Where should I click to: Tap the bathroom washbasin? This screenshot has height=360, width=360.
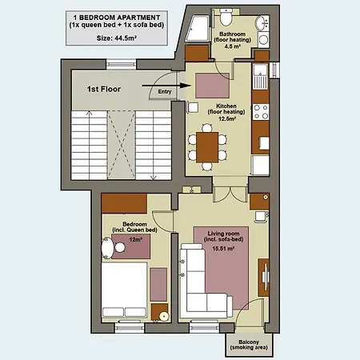pyautogui.click(x=262, y=23)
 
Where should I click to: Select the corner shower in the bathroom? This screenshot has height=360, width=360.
pyautogui.click(x=198, y=28)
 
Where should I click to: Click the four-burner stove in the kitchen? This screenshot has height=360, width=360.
pyautogui.click(x=261, y=112)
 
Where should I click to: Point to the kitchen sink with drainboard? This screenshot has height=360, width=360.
pyautogui.click(x=261, y=77)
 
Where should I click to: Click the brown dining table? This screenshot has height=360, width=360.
pyautogui.click(x=207, y=147)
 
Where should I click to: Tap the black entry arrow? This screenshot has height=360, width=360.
pyautogui.click(x=166, y=86)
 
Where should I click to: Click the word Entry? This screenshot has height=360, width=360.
pyautogui.click(x=165, y=91)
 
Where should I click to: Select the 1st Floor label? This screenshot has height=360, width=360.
pyautogui.click(x=104, y=89)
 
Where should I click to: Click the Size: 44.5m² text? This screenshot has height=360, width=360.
pyautogui.click(x=117, y=38)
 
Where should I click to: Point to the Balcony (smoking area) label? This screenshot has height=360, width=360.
pyautogui.click(x=249, y=345)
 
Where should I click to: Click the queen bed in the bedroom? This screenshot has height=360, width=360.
pyautogui.click(x=124, y=290)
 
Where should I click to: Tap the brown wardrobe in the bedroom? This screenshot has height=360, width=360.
pyautogui.click(x=124, y=203)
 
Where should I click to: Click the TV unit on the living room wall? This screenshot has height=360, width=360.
pyautogui.click(x=264, y=278)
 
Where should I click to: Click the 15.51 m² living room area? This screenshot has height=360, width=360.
pyautogui.click(x=223, y=249)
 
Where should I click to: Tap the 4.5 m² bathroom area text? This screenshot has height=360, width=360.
pyautogui.click(x=233, y=46)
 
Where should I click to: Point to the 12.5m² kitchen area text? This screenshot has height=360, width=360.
pyautogui.click(x=226, y=118)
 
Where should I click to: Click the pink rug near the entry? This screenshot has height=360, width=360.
pyautogui.click(x=213, y=86)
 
